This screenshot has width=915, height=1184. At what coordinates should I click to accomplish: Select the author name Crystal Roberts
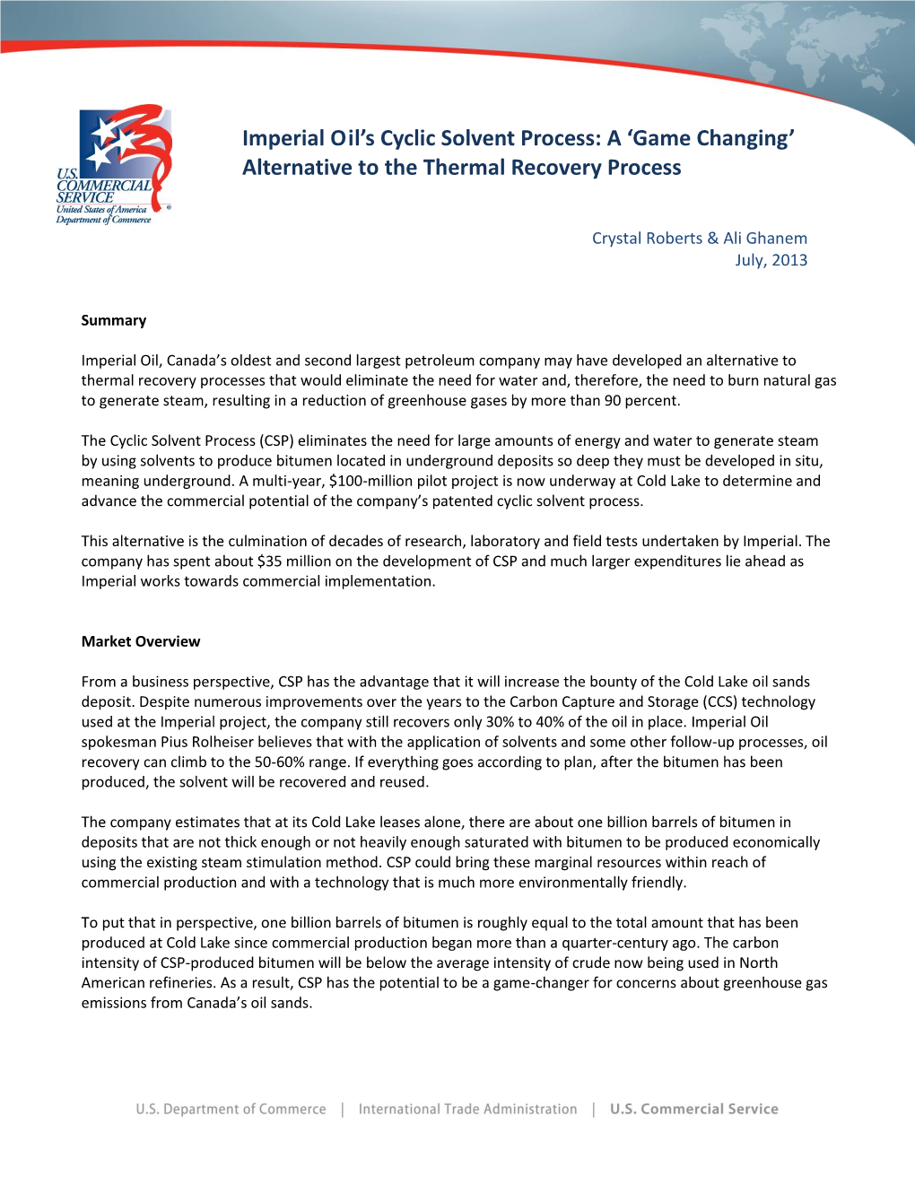[x=647, y=239]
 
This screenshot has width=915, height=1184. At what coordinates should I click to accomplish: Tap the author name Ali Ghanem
[x=765, y=239]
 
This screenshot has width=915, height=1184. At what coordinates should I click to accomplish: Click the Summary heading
[x=114, y=320]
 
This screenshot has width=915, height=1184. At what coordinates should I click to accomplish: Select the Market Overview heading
[x=141, y=641]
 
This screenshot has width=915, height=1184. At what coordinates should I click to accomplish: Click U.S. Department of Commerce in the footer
[x=231, y=1110]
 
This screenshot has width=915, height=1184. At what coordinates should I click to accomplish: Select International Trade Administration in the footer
[x=467, y=1110]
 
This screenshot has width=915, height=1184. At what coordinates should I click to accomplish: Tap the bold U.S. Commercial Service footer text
[x=693, y=1110]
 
